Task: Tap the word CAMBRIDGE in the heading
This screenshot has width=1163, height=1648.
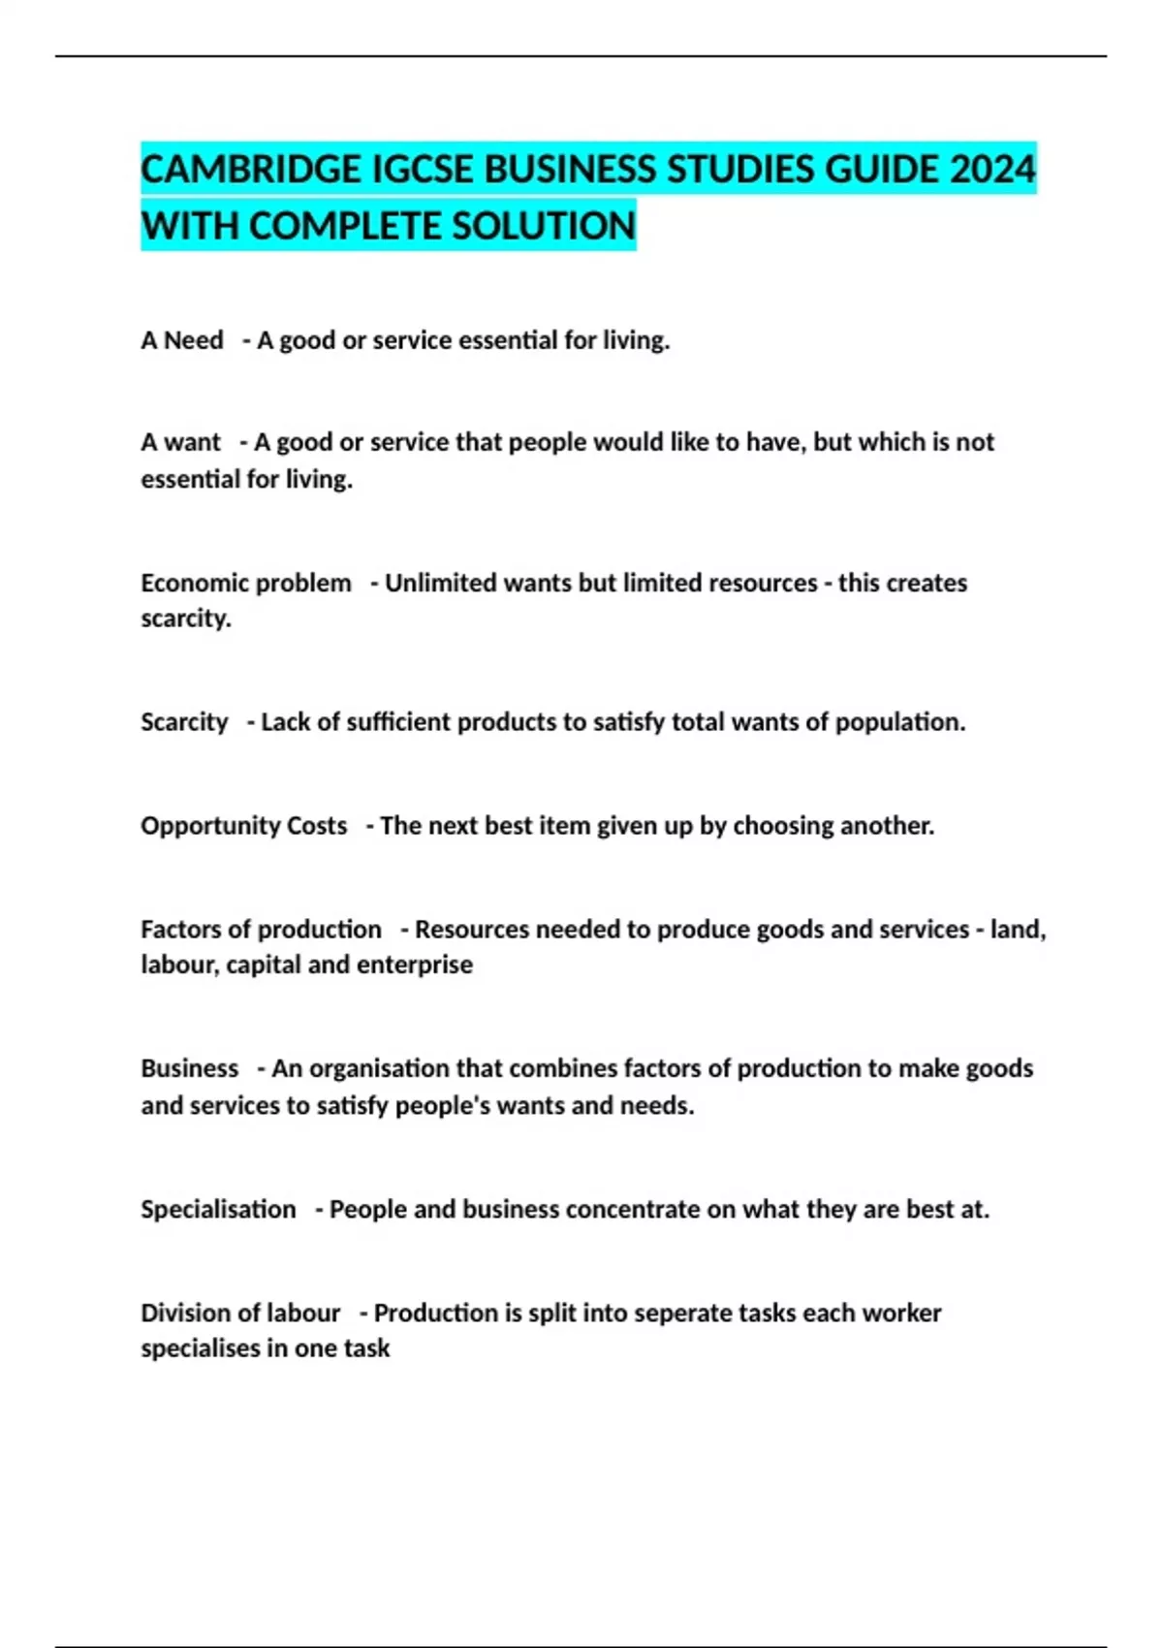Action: tap(251, 170)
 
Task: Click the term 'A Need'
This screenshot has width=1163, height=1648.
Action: tap(182, 340)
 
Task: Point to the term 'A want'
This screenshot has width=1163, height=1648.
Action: tap(181, 442)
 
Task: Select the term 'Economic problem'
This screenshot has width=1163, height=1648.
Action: tap(246, 583)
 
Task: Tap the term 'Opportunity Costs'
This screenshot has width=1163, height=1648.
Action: tap(244, 825)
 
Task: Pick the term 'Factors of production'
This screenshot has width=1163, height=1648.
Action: tap(261, 929)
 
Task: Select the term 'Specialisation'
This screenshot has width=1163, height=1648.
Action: tap(218, 1209)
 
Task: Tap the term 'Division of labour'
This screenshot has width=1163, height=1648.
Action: tap(240, 1313)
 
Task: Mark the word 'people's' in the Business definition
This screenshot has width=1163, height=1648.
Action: tap(443, 1105)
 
